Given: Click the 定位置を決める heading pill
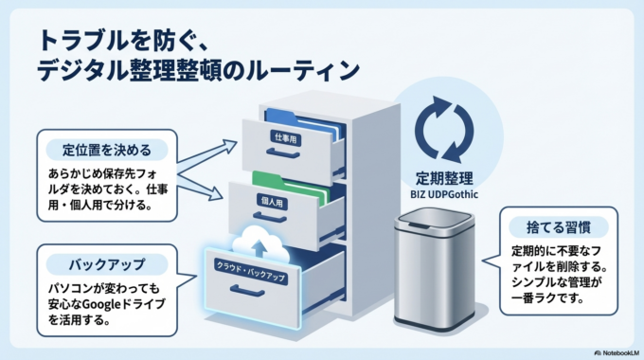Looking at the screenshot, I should point(107,150).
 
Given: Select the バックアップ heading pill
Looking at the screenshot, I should point(107,262).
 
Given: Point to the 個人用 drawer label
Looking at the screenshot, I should point(273,201).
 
